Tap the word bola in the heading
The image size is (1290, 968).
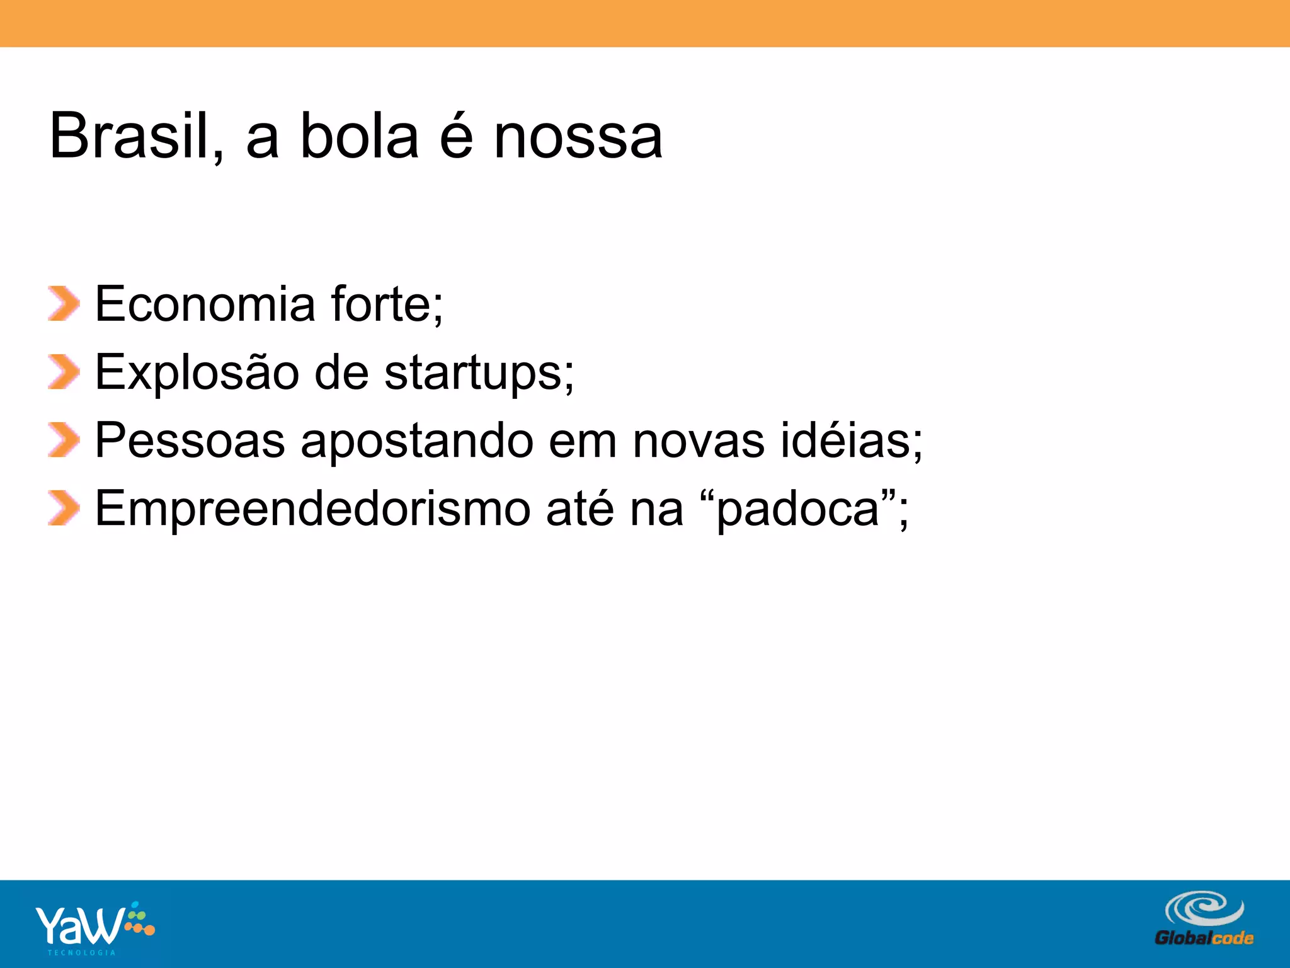point(359,135)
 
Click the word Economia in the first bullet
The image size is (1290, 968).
point(205,304)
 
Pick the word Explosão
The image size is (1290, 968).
point(197,372)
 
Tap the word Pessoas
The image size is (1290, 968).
point(190,441)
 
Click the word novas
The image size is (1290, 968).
point(699,441)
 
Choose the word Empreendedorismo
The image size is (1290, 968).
point(312,509)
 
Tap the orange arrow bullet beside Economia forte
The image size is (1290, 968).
point(64,304)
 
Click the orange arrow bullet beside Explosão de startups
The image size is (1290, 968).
point(64,372)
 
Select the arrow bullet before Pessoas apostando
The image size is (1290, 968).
point(64,440)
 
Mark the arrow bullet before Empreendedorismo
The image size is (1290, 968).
point(64,508)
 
